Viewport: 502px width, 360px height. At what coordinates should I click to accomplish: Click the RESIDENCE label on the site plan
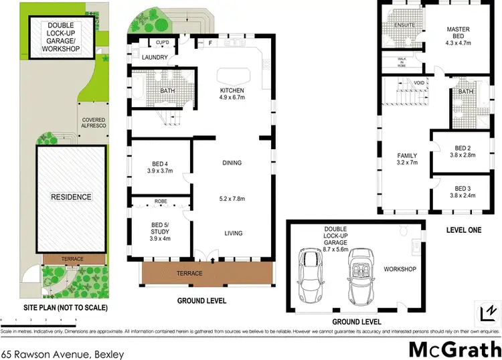click(x=70, y=197)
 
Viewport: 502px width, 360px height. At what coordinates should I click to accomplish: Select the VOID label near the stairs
click(x=419, y=82)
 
